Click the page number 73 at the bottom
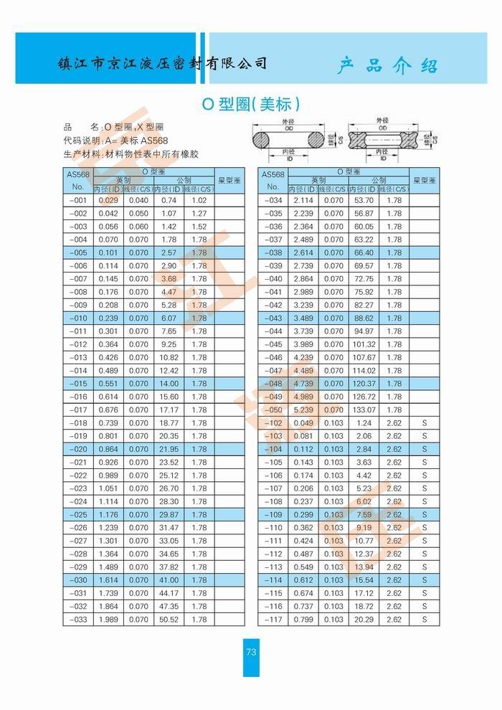click(251, 652)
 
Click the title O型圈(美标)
click(250, 104)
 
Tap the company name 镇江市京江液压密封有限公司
click(162, 63)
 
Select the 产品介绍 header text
click(387, 67)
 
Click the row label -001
click(78, 200)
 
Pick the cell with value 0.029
click(108, 200)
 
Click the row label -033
click(78, 619)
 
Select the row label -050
click(273, 410)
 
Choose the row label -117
click(273, 619)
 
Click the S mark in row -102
click(425, 422)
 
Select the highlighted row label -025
click(78, 514)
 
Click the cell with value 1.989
click(108, 619)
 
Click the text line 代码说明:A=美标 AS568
click(115, 141)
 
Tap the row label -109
click(273, 514)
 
